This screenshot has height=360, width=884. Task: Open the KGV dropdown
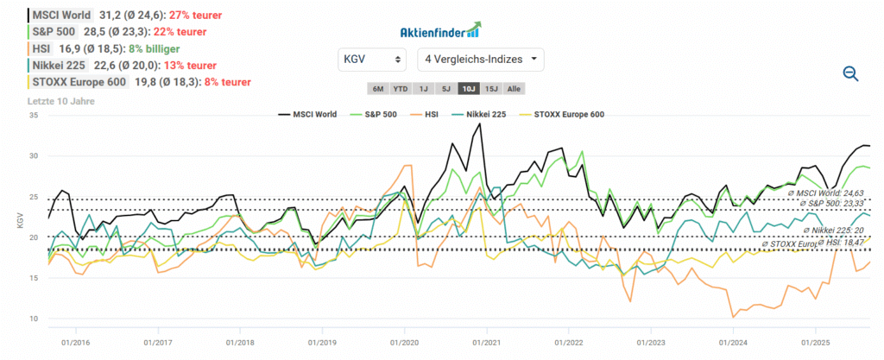pos(372,60)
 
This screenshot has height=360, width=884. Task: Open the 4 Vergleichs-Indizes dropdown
pos(481,60)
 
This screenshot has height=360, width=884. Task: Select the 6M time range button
pos(377,88)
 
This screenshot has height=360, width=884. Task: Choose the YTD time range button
pos(400,88)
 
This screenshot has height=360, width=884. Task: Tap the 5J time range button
pos(445,88)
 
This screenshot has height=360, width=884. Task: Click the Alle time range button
pos(514,88)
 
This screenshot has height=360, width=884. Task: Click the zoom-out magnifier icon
pos(850,74)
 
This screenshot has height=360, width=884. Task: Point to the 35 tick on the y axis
pos(35,115)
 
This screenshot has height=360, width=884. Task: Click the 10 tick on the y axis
pos(35,319)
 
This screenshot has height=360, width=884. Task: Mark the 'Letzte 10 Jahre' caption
pos(61,101)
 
